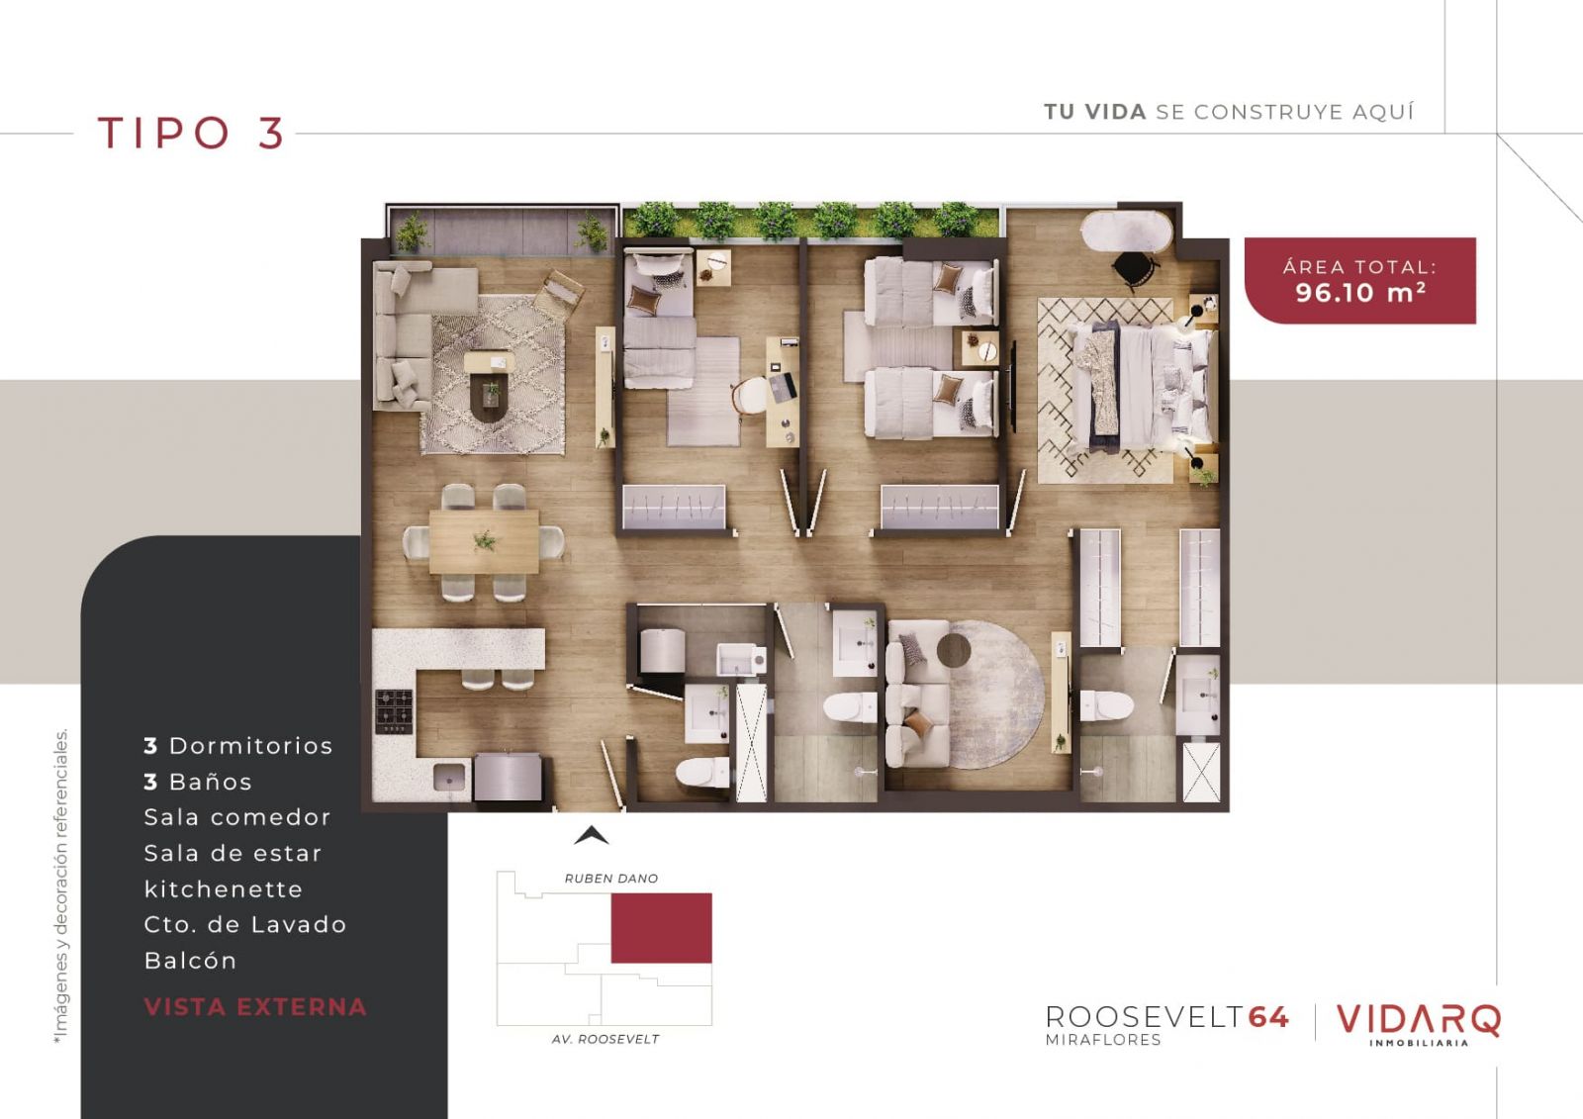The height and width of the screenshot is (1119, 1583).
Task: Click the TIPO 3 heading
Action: [x=191, y=133]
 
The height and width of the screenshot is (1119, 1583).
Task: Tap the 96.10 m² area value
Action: [x=1359, y=292]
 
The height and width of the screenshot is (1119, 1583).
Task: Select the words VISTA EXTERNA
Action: [x=255, y=1006]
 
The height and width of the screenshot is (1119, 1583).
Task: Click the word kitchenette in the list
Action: [x=224, y=888]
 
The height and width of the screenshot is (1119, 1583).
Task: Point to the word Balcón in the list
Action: [x=190, y=960]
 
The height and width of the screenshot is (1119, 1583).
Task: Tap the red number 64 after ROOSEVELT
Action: [x=1268, y=1017]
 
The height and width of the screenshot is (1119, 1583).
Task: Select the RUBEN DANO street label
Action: [x=611, y=878]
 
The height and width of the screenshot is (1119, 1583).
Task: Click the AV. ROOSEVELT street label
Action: [x=605, y=1039]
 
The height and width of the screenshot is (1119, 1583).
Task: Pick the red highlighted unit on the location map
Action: [x=662, y=927]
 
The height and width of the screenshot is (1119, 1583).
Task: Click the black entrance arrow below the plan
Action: [x=591, y=835]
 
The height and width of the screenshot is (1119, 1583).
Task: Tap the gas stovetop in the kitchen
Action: [x=394, y=710]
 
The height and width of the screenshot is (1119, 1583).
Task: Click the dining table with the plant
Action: [x=484, y=541]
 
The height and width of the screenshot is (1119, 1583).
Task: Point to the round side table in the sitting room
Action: [x=954, y=650]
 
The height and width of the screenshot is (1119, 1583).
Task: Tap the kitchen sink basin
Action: [x=449, y=777]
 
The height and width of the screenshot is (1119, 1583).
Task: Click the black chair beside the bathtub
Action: [x=1134, y=268]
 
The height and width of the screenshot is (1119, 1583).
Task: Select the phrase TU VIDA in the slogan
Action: [x=1094, y=112]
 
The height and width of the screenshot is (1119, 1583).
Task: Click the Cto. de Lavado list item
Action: [x=245, y=924]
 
